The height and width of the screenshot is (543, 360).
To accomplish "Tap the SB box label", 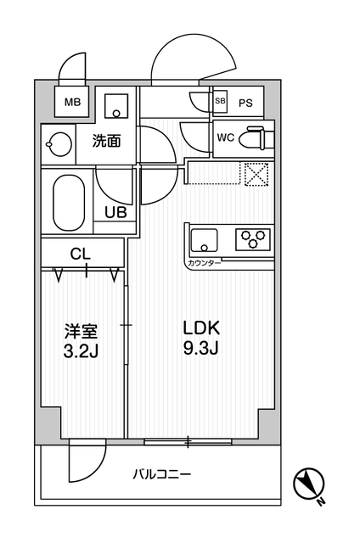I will (221, 103).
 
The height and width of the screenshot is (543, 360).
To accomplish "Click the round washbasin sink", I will (58, 143).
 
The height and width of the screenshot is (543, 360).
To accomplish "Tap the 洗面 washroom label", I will (106, 142).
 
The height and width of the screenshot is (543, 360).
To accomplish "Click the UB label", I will (115, 212).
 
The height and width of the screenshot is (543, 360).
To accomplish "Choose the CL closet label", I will (81, 252).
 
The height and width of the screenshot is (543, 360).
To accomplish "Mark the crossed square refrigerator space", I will (256, 173).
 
